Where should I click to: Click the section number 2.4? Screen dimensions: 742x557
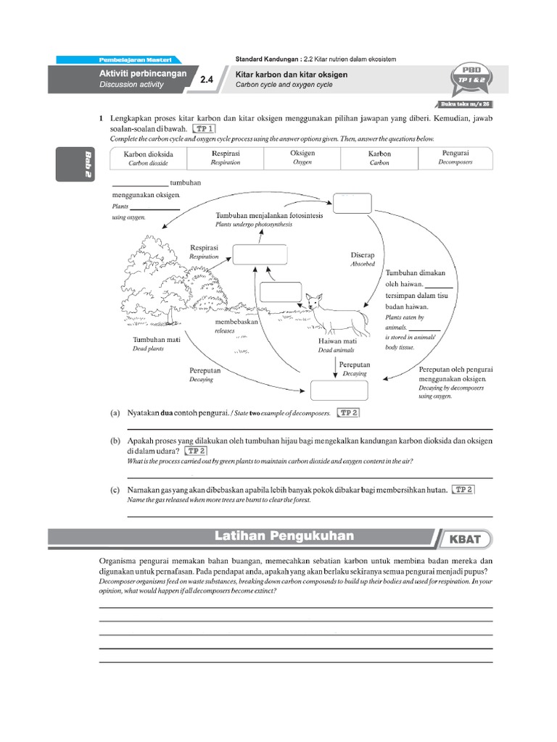pos(207,81)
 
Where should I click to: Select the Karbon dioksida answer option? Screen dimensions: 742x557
pos(149,158)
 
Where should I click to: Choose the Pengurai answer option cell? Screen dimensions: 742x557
pos(455,158)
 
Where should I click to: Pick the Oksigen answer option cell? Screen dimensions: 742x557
pos(302,158)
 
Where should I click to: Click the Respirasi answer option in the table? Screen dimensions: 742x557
pos(226,158)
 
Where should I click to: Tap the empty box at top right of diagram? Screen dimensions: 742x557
pos(352,204)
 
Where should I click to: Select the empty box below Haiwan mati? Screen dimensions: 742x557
pos(334,390)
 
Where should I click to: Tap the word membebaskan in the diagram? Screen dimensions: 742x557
pos(236,322)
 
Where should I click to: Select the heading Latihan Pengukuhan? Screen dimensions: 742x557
pos(284,536)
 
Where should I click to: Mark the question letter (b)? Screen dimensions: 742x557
pos(115,441)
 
